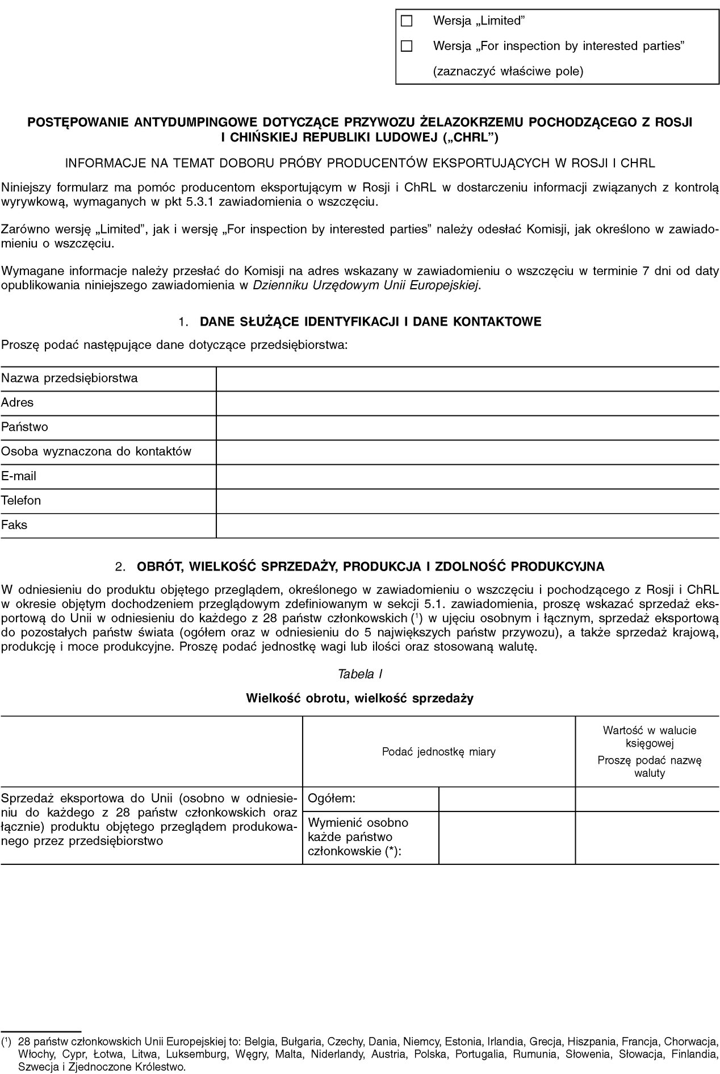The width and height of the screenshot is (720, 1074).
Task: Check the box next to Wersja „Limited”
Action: pyautogui.click(x=406, y=21)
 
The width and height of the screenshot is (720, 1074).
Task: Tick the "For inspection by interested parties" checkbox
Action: pyautogui.click(x=406, y=46)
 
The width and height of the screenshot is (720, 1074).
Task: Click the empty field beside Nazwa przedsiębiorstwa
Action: pyautogui.click(x=467, y=378)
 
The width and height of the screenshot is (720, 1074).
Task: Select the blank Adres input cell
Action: pyautogui.click(x=467, y=403)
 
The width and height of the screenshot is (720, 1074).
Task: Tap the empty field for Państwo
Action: pyautogui.click(x=467, y=427)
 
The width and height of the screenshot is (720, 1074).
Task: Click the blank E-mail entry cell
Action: pyautogui.click(x=467, y=476)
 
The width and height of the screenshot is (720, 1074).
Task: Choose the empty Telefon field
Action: pyautogui.click(x=467, y=501)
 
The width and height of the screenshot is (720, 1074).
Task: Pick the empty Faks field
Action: pyautogui.click(x=467, y=525)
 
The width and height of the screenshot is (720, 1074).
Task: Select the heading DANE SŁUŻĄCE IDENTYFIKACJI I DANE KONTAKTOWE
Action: pyautogui.click(x=370, y=322)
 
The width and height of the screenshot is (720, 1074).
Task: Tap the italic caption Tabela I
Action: pyautogui.click(x=359, y=674)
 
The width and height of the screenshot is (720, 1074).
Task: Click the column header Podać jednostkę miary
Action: pyautogui.click(x=438, y=752)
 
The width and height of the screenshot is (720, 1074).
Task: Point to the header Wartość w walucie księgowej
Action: pyautogui.click(x=649, y=736)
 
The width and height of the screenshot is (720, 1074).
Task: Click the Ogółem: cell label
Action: pyautogui.click(x=332, y=798)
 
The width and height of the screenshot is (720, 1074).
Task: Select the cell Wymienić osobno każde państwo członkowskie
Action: pyautogui.click(x=358, y=837)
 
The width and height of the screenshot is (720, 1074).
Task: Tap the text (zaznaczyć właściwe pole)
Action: pyautogui.click(x=508, y=72)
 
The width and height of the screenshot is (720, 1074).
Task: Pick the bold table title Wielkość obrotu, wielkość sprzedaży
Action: pyautogui.click(x=359, y=698)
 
